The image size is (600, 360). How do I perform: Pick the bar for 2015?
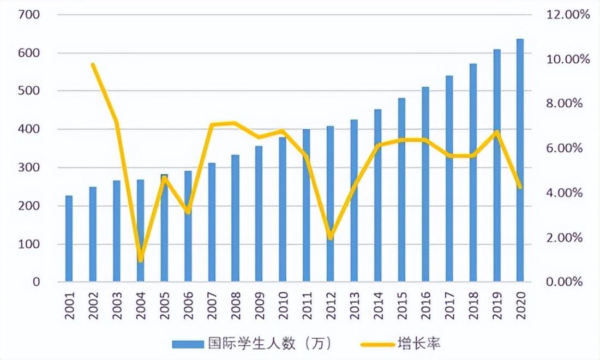(401, 190)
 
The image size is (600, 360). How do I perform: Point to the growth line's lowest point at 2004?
(141, 259)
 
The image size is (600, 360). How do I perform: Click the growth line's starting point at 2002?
(93, 65)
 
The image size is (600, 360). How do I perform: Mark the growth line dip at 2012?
(330, 237)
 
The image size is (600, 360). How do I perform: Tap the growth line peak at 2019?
(496, 132)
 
